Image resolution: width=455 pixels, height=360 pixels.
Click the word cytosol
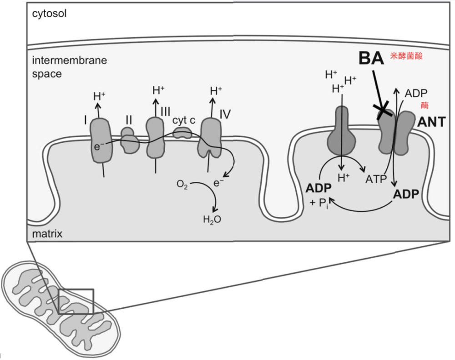click(50, 14)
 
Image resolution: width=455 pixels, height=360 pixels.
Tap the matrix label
click(47, 235)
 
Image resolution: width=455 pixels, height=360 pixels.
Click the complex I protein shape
click(101, 140)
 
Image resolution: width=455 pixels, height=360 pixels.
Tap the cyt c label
click(183, 120)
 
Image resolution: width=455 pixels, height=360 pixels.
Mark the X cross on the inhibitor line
click(382, 110)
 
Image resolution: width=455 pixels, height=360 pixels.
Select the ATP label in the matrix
click(376, 179)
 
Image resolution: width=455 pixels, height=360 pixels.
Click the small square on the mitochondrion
click(76, 301)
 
